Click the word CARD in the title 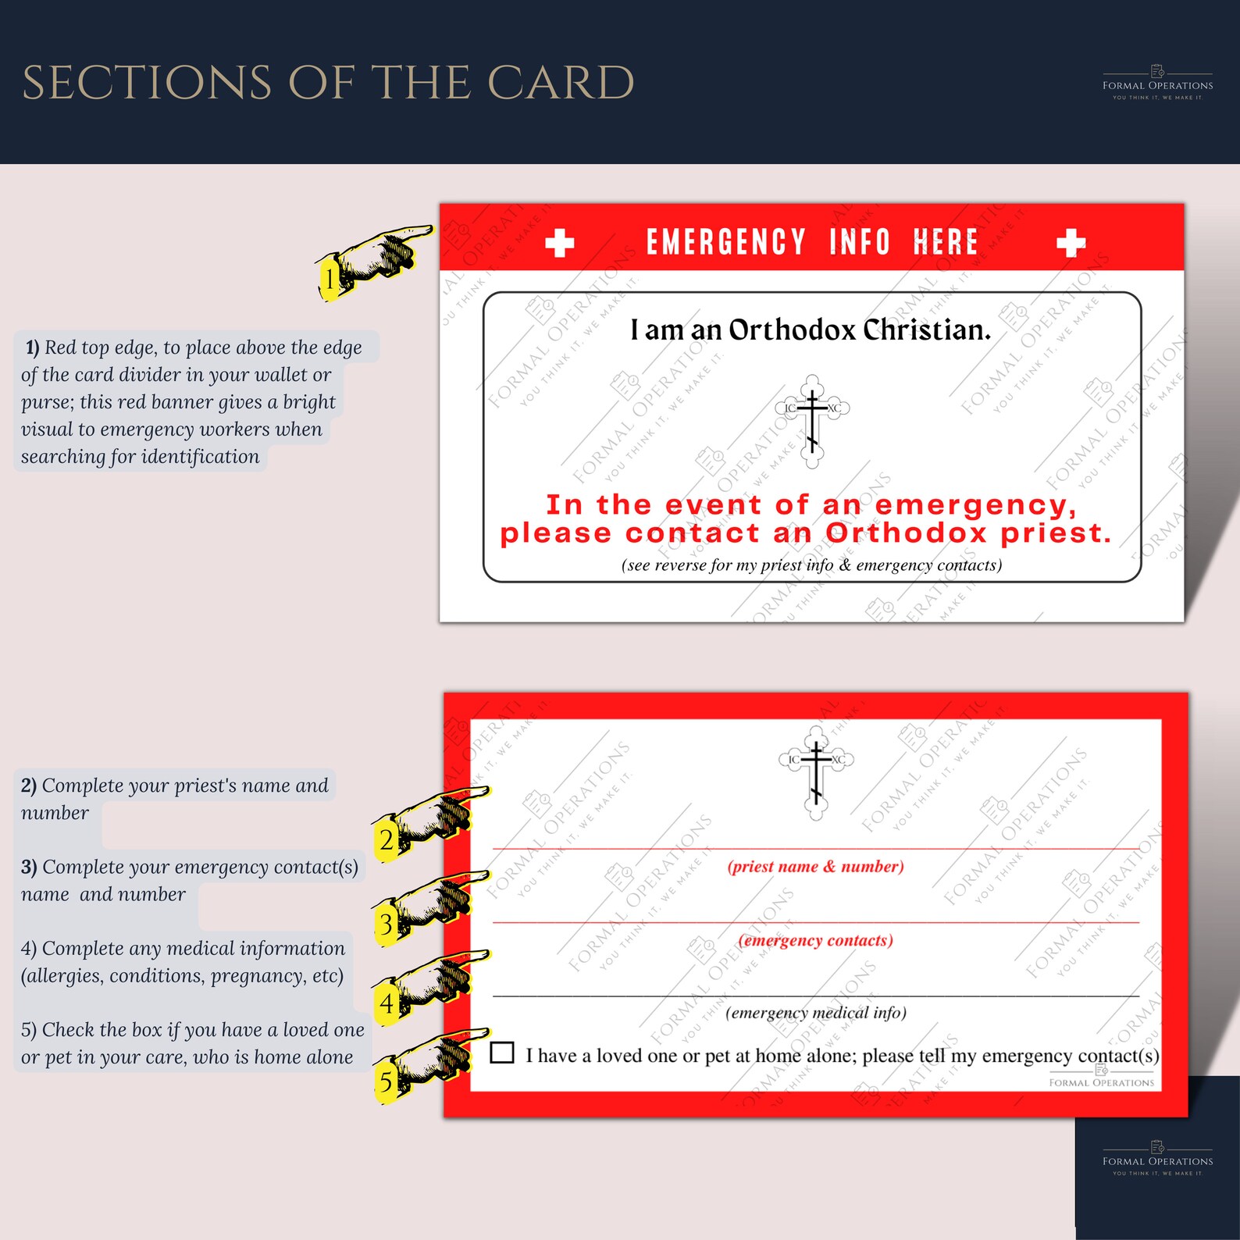(560, 83)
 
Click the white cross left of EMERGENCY (559, 243)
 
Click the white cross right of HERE (1071, 243)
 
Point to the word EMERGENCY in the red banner (725, 242)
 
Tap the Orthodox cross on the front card (812, 421)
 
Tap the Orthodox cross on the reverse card (816, 773)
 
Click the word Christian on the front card (926, 330)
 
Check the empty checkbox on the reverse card (502, 1053)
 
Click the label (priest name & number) (815, 866)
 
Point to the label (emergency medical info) (815, 1013)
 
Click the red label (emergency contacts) (815, 940)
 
